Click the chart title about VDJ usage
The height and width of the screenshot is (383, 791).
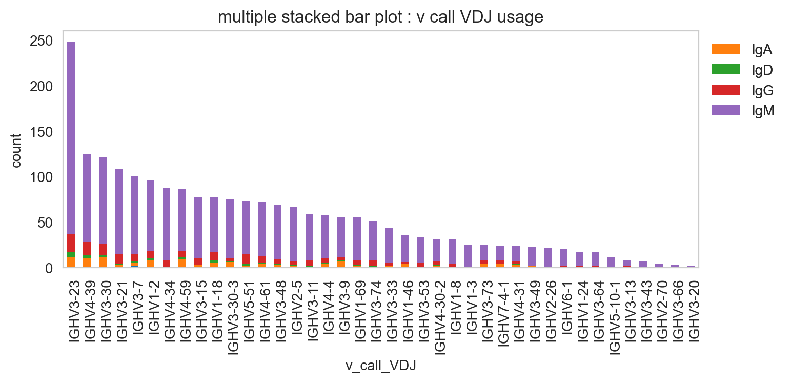pyautogui.click(x=380, y=17)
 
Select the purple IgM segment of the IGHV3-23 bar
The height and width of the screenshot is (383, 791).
pyautogui.click(x=71, y=138)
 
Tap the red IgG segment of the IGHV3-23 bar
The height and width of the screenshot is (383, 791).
pyautogui.click(x=71, y=243)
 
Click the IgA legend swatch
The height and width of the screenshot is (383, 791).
pyautogui.click(x=726, y=49)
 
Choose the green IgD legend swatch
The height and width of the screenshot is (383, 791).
pyautogui.click(x=726, y=69)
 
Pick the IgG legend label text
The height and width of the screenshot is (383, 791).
pyautogui.click(x=763, y=91)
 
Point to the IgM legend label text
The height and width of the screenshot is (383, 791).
pyautogui.click(x=763, y=111)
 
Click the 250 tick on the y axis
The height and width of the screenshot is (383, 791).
pyautogui.click(x=41, y=41)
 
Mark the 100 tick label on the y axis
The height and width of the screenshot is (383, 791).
pyautogui.click(x=41, y=177)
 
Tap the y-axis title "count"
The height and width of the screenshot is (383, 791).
pyautogui.click(x=16, y=151)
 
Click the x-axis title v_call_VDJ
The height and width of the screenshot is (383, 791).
pyautogui.click(x=381, y=366)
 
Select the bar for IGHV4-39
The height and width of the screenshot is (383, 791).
pyautogui.click(x=87, y=211)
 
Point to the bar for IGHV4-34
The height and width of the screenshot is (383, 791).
pyautogui.click(x=166, y=228)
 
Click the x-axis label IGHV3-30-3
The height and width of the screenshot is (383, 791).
pyautogui.click(x=233, y=317)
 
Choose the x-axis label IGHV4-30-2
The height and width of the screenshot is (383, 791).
pyautogui.click(x=440, y=317)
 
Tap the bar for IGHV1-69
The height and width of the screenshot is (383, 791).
pyautogui.click(x=357, y=243)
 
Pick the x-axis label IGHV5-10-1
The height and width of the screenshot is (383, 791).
pyautogui.click(x=615, y=317)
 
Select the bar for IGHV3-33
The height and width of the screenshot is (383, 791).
pyautogui.click(x=389, y=248)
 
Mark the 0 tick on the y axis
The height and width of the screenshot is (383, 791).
pyautogui.click(x=49, y=269)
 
